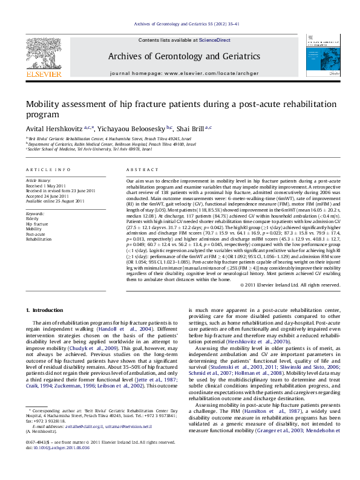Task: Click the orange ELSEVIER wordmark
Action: tap(44, 74)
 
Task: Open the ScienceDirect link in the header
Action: tap(215, 40)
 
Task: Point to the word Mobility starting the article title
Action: tap(44, 103)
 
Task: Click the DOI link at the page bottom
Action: tap(62, 465)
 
